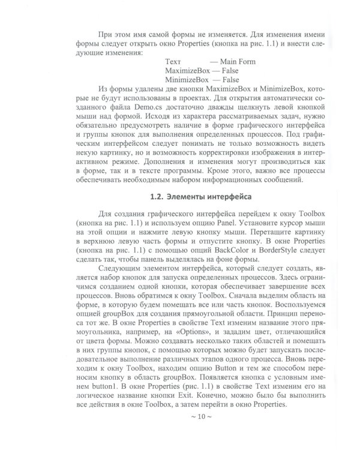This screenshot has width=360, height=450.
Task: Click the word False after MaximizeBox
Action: click(230, 70)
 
